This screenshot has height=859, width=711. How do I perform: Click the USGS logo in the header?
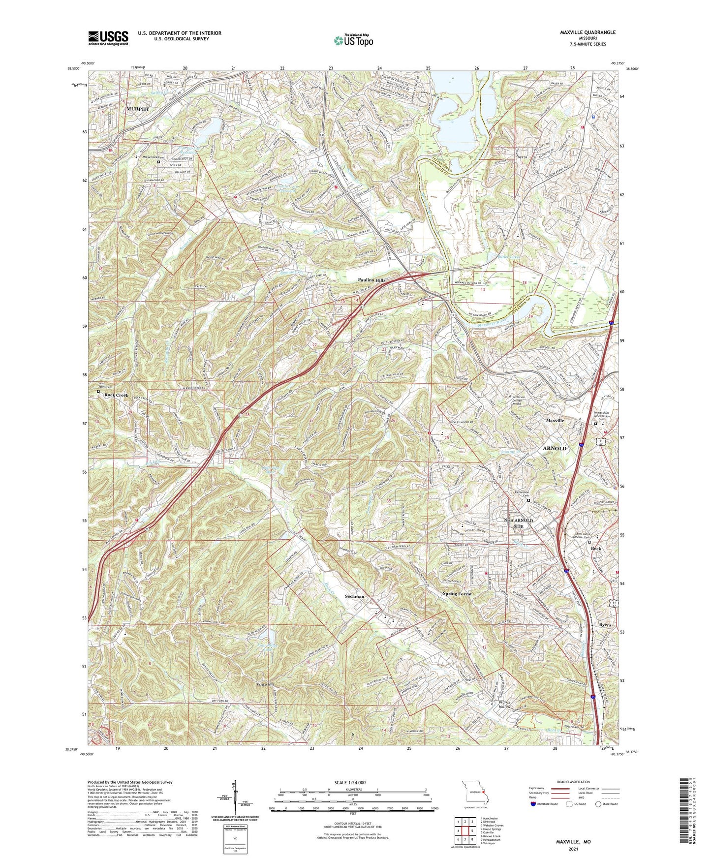pos(108,37)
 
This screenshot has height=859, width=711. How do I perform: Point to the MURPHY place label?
pos(138,109)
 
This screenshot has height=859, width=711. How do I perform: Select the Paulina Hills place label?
pos(372,280)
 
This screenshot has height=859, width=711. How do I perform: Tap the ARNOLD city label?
pos(555,449)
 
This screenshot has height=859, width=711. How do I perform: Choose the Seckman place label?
pos(354,596)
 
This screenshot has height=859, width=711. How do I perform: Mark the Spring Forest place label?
pos(457,594)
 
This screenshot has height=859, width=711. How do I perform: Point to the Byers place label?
pos(605,625)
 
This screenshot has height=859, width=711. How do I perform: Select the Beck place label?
pos(596,549)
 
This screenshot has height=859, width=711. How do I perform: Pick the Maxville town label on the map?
pos(555,421)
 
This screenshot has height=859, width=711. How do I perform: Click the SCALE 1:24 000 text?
pos(351,782)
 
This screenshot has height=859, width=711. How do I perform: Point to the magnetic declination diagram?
pos(235,797)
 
